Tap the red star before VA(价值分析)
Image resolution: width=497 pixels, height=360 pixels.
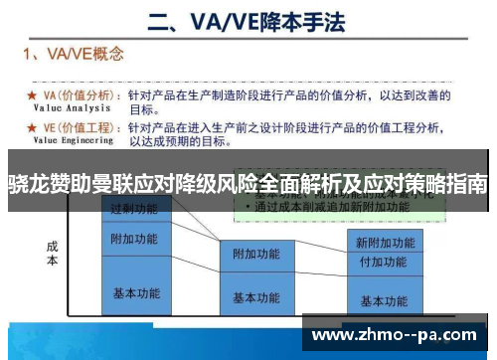click(32, 96)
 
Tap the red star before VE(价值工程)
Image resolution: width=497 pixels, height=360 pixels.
click(32, 127)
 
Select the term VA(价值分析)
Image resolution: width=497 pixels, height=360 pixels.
click(82, 95)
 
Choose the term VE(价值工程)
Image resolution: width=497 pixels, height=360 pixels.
click(82, 127)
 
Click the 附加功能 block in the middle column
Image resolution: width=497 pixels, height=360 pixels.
click(256, 255)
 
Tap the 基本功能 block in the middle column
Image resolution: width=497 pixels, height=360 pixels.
click(256, 296)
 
